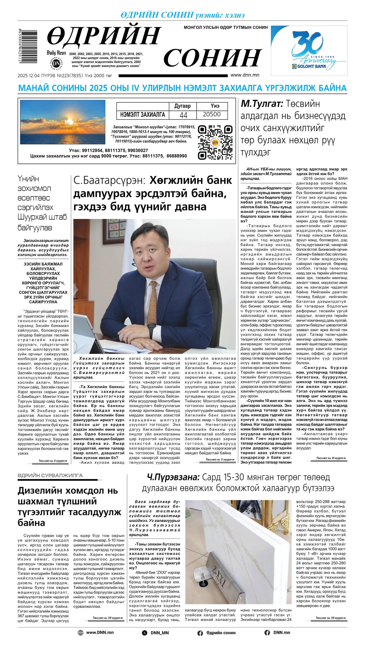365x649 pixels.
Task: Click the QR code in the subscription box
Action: coord(215,142)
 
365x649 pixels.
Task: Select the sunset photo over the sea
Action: coord(63,122)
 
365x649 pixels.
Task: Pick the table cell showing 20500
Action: coord(211,114)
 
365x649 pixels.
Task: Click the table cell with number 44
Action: coord(183,115)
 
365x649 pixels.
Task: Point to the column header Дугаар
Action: coord(182,106)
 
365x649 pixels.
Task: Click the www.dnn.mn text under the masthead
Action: coord(245,75)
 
